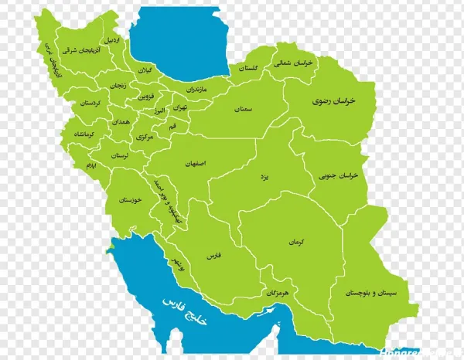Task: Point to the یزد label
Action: point(263,177)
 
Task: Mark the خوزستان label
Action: point(131,200)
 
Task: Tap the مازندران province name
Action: point(199,90)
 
